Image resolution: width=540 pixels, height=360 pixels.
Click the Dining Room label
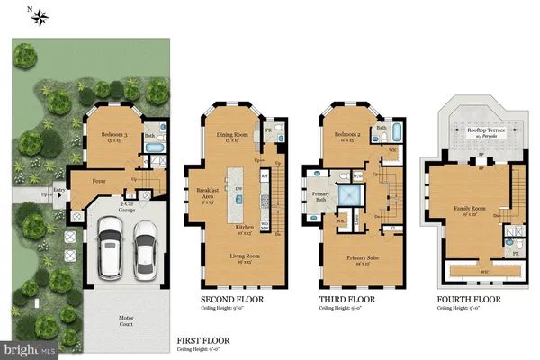pyautogui.click(x=233, y=137)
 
